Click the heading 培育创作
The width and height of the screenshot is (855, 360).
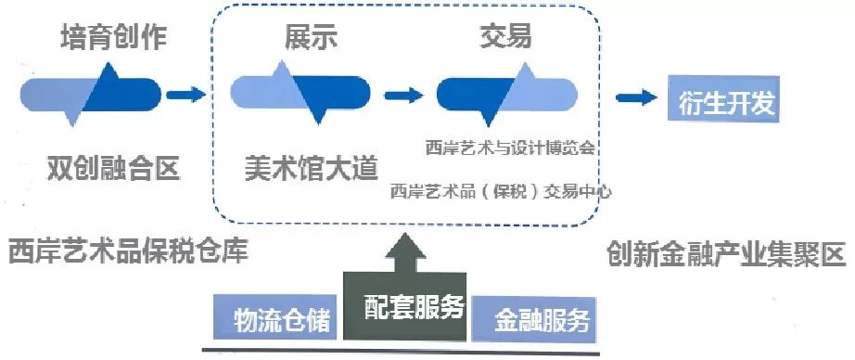(113, 36)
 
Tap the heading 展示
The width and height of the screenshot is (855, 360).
(311, 36)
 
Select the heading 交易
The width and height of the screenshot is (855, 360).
(505, 36)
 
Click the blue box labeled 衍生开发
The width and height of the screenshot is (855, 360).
(723, 98)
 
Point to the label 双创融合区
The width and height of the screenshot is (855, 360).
(113, 169)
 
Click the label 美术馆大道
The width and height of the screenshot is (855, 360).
(311, 168)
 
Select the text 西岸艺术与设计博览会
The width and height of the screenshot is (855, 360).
(509, 148)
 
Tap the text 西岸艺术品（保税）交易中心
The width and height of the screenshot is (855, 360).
(501, 192)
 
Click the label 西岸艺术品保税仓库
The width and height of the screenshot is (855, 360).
(129, 251)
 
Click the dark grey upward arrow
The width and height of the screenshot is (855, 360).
(405, 252)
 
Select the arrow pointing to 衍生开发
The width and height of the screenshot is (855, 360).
(636, 97)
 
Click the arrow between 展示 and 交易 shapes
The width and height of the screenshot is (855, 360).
(403, 96)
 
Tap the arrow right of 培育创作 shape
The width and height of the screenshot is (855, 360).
(185, 95)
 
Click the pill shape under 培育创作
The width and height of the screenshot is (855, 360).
(90, 95)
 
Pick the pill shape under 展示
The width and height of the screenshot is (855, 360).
(300, 93)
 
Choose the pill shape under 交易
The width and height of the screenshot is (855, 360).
(506, 95)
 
